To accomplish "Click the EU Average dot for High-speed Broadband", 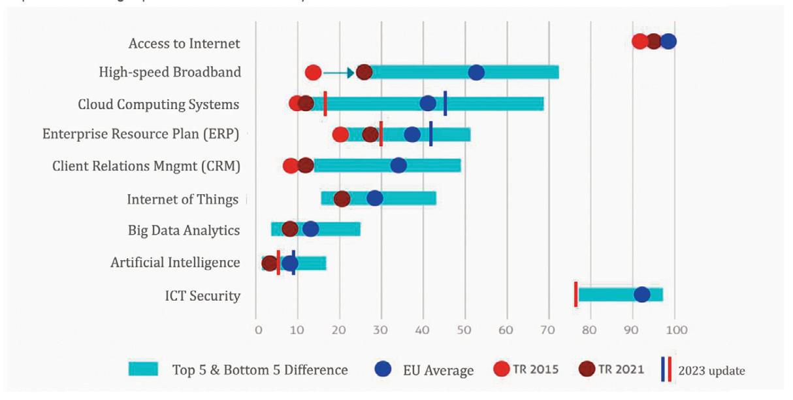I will point(476,73).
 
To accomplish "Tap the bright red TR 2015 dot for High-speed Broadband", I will point(313,73).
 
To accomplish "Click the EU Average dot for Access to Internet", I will point(668,42).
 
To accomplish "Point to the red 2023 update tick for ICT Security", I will point(575,294).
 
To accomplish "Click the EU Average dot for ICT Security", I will point(641,295).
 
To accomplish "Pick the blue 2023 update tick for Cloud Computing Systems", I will point(445,103).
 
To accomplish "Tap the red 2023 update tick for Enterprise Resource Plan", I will point(381,134).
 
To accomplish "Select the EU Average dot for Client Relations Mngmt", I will point(398,165).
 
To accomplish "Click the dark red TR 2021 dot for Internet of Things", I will point(342,199).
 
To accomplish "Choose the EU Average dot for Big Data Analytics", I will point(311,229).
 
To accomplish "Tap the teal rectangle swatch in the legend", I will point(143,369).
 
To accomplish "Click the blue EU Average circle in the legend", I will point(383,369).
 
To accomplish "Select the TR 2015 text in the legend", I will point(536,369).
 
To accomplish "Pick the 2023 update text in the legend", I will point(711,371).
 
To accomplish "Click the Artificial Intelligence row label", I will point(175,263).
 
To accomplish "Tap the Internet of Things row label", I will point(182,199).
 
